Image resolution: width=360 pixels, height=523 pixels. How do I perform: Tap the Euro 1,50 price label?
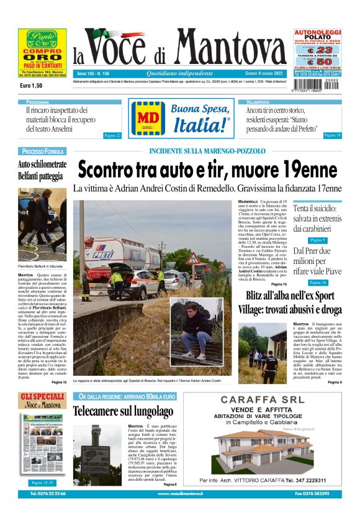tap(31, 85)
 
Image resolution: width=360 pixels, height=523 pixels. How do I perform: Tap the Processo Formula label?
tap(43, 152)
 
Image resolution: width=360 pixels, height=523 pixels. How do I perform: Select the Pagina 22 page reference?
tap(112, 135)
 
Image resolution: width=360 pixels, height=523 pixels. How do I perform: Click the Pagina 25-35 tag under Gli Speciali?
tap(43, 483)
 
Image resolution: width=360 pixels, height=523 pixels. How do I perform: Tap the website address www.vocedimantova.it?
tap(179, 494)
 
